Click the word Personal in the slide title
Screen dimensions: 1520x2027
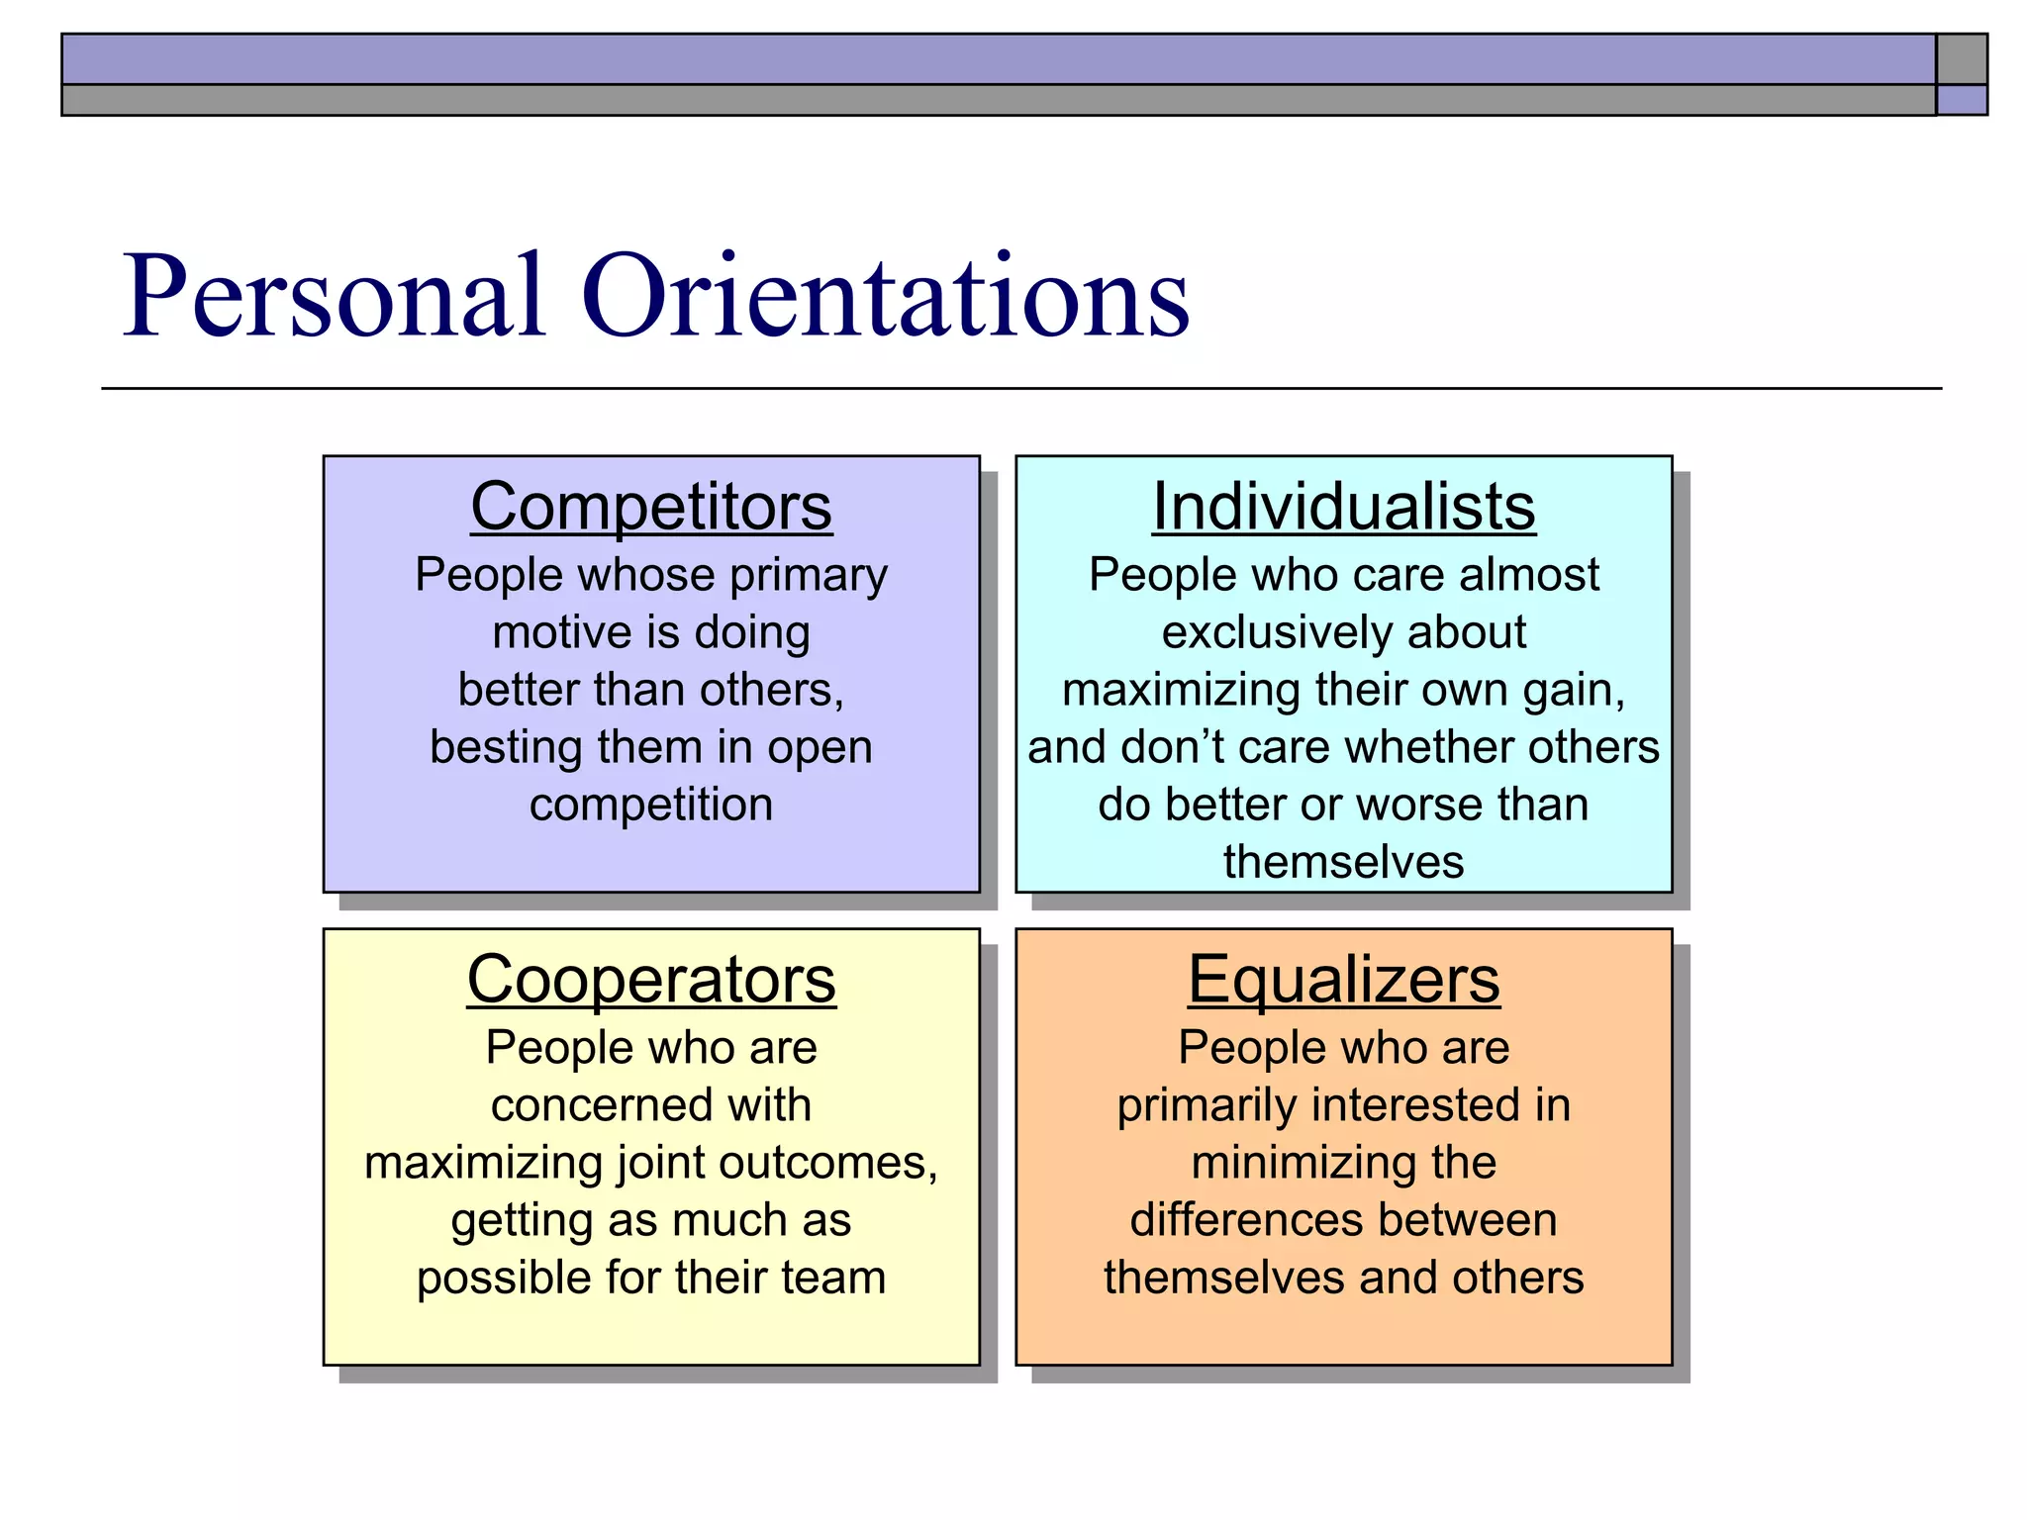point(334,297)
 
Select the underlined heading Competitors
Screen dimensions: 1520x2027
point(650,507)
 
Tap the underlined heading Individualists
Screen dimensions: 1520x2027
point(1343,507)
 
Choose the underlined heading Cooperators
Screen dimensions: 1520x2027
point(650,980)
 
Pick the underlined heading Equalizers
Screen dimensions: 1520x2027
point(1343,980)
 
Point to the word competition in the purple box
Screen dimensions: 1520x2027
point(650,805)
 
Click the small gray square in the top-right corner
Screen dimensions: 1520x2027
point(1962,59)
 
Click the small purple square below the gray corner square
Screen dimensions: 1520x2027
point(1962,100)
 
